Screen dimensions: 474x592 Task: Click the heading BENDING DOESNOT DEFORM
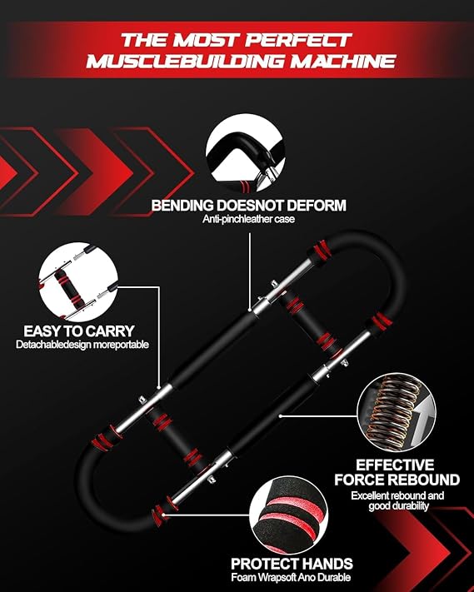point(248,206)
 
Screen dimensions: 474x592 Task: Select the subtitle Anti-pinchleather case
point(248,219)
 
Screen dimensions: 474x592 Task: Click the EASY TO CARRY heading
point(79,331)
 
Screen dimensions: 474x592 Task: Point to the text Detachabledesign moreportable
point(82,345)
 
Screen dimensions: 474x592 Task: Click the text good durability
point(398,506)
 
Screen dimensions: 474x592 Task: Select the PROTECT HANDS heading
point(292,564)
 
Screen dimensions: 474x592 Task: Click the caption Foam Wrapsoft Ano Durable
point(291,577)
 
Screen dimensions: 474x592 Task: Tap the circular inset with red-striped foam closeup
point(288,515)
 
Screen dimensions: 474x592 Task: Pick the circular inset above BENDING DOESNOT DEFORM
point(246,156)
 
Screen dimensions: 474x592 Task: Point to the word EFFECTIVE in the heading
point(395,465)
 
